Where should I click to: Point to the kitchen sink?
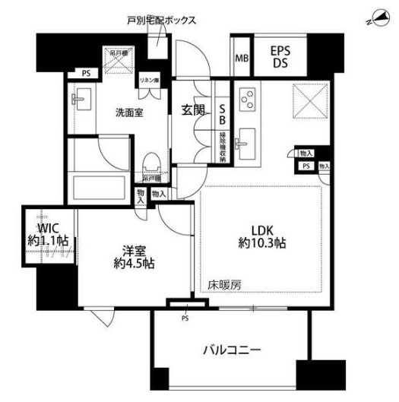point(246,139)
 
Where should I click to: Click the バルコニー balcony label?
point(233,350)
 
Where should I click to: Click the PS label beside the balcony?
point(185,318)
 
